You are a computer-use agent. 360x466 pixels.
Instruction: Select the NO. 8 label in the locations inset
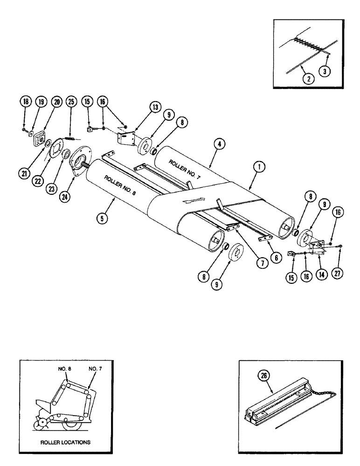[x=64, y=369]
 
